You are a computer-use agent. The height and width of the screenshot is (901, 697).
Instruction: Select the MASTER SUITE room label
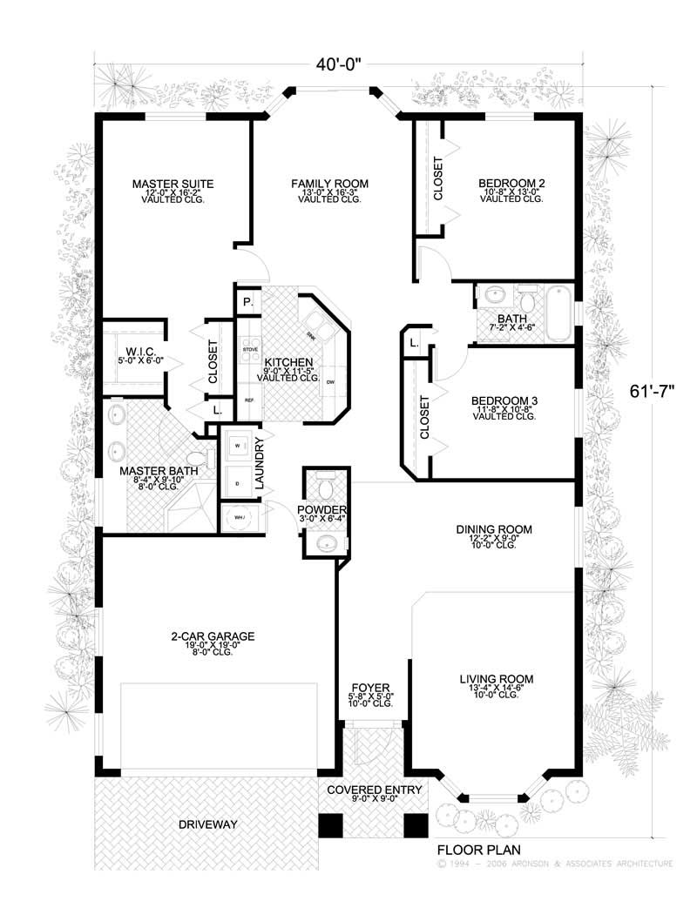coord(173,184)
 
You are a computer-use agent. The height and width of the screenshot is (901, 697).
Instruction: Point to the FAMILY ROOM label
coord(329,184)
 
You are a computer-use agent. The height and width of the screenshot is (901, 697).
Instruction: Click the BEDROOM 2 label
coord(511,184)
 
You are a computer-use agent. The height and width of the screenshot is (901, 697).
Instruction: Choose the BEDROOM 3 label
coord(504,400)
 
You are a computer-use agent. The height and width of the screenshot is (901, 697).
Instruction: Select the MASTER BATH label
coord(159,471)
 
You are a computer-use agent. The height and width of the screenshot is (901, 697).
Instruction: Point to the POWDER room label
coord(322,509)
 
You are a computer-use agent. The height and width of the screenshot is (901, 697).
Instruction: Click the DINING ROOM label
coord(494,529)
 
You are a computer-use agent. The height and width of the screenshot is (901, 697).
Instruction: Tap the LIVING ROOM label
coord(497,679)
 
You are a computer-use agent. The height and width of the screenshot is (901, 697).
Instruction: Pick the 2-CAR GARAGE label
coord(212,636)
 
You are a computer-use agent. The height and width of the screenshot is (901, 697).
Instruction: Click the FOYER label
coord(371,687)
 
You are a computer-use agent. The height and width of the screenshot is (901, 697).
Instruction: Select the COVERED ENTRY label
coord(374,790)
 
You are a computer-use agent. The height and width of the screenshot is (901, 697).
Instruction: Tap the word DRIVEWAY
coord(208,824)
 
